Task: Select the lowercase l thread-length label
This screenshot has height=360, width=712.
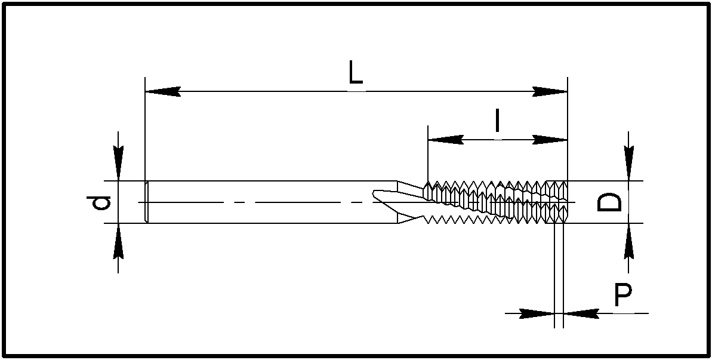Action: click(x=497, y=122)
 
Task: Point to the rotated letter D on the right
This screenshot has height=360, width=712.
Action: click(x=609, y=202)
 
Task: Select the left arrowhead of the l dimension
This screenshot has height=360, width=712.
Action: click(x=445, y=140)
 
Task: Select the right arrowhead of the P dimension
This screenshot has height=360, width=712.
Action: click(x=581, y=312)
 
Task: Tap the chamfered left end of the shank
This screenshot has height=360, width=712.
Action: click(x=147, y=202)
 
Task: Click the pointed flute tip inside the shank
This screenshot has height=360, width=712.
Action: click(x=376, y=193)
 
